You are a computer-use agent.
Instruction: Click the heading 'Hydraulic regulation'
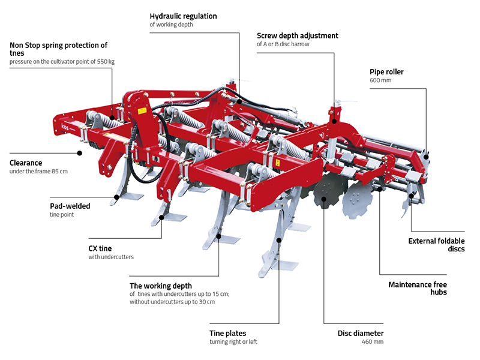point(183,16)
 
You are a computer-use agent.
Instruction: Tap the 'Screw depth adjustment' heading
point(298,35)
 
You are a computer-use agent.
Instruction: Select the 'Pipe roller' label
point(386,72)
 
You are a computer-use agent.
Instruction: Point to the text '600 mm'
point(380,80)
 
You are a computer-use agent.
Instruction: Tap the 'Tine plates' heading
point(227,333)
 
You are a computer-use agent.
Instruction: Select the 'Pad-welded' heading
point(70,206)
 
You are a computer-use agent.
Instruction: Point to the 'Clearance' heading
point(26,163)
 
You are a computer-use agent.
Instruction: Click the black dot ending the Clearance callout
point(80,153)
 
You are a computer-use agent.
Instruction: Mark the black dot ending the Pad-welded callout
point(115,196)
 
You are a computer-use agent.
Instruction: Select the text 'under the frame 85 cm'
point(38,172)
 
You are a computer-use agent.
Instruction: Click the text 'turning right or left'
point(236,342)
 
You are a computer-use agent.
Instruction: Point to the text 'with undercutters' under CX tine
point(111,257)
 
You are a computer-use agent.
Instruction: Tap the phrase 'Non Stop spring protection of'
point(58,45)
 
